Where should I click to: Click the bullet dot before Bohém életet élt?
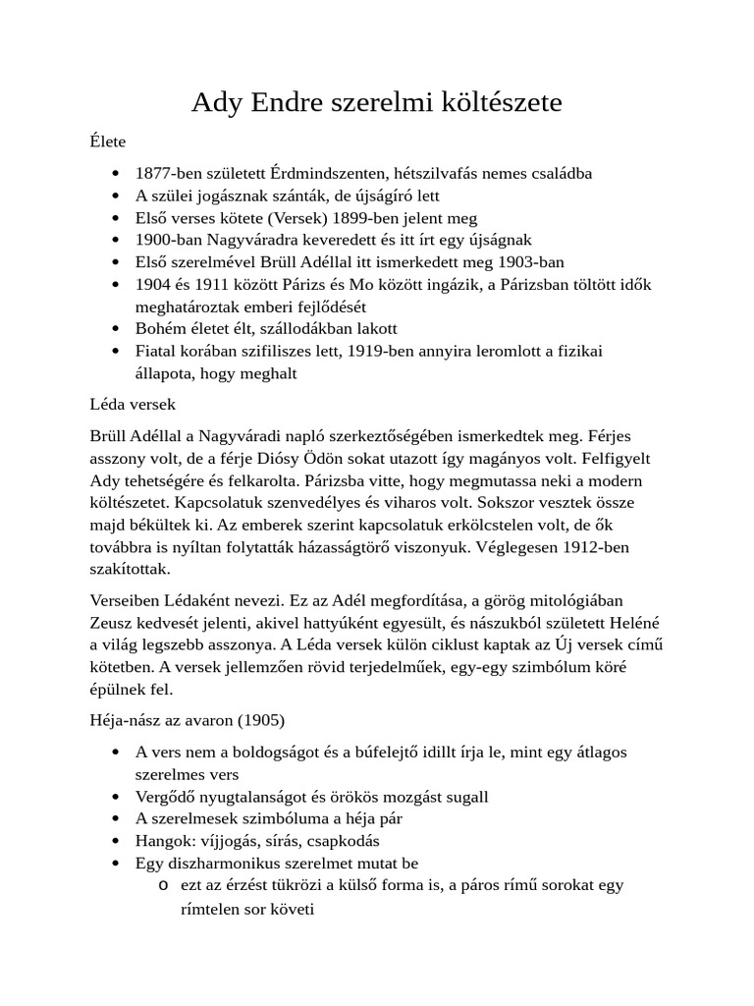(118, 329)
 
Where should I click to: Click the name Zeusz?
(111, 621)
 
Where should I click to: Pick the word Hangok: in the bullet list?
(163, 841)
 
